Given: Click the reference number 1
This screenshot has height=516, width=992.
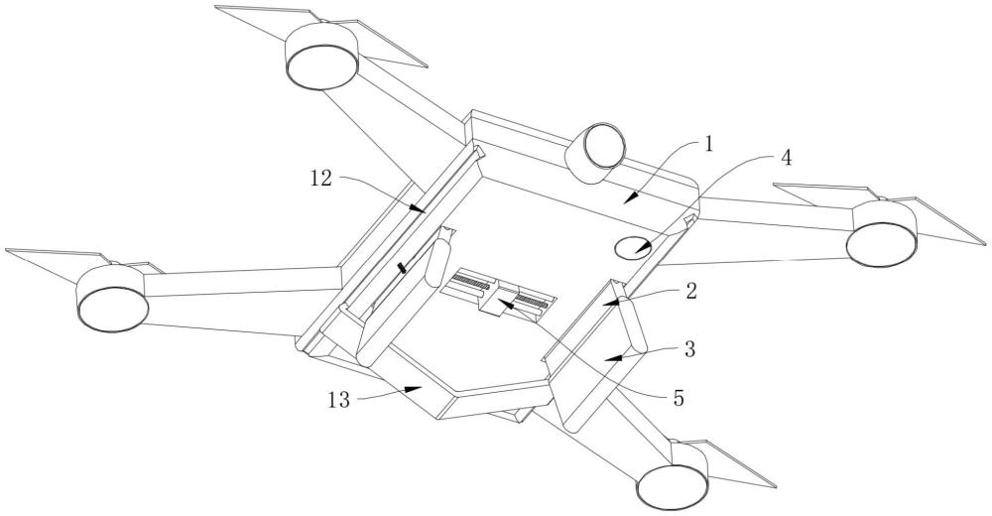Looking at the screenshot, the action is [708, 145].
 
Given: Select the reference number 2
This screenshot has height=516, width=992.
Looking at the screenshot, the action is [690, 291].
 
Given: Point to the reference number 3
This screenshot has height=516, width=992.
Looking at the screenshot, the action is [689, 348].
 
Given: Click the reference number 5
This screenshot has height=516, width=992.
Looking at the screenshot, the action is [679, 398].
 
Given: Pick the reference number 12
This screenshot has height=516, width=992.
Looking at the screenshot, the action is [320, 179].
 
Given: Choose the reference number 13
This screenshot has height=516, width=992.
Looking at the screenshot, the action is [338, 400].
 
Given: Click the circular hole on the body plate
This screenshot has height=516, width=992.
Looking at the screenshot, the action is [633, 246].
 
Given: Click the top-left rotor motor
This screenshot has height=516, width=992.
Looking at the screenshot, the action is [322, 56].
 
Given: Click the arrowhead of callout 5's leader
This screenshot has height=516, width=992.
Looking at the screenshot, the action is [505, 305].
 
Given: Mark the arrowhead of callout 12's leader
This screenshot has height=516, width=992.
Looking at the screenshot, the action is [417, 207].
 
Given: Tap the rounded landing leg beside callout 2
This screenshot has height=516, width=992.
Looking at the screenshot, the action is [632, 324].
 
